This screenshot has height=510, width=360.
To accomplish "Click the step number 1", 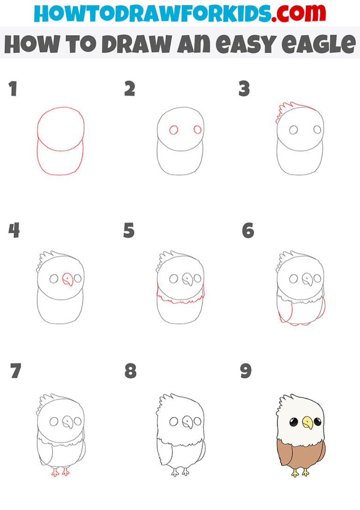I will click(x=13, y=89).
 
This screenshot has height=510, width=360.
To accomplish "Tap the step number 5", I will click(x=129, y=231).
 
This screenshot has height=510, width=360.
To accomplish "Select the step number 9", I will click(x=246, y=371).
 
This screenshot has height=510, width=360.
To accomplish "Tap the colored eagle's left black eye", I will click(x=294, y=421).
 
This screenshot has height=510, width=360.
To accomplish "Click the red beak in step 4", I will click(x=68, y=280).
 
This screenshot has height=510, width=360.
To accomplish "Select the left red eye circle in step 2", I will click(x=173, y=129).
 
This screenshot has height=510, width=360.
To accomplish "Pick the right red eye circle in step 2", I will click(x=197, y=129).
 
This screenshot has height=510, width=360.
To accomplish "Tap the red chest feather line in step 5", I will click(x=180, y=301).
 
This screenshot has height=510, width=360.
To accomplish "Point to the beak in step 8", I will click(x=188, y=422).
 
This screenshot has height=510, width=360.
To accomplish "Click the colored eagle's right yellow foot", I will click(x=306, y=472).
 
